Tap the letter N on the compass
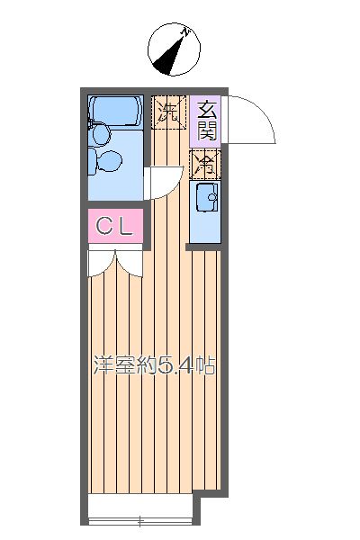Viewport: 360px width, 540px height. [x=185, y=33]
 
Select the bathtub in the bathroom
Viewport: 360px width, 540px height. [x=114, y=111]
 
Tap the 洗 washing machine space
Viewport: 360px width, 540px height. [x=168, y=112]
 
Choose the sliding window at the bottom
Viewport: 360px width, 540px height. [x=139, y=520]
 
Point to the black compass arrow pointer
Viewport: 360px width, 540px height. [x=166, y=61]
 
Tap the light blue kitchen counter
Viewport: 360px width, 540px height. [x=204, y=212]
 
